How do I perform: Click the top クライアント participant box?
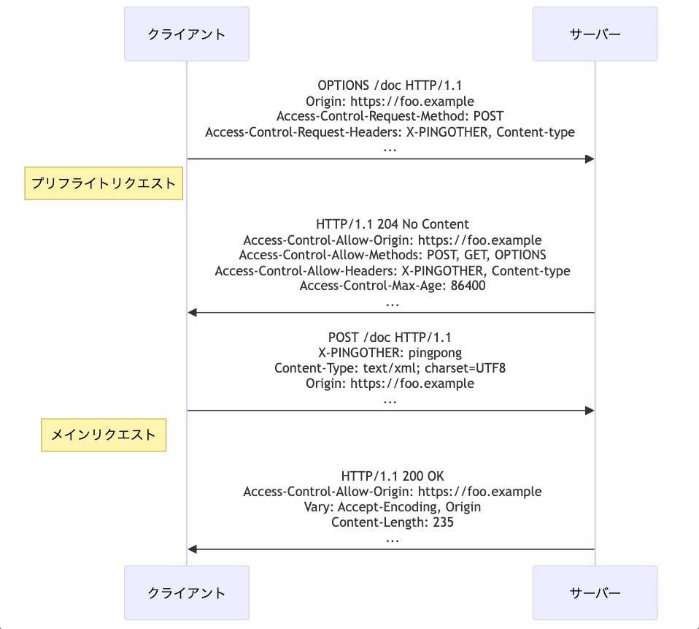(186, 34)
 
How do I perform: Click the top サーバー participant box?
(595, 34)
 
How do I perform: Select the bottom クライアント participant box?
(186, 593)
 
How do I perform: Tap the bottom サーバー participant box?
(595, 593)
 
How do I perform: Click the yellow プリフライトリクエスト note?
(104, 183)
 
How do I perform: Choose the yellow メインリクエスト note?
(104, 435)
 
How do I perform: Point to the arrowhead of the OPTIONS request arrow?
(590, 159)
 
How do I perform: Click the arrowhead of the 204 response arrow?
(192, 313)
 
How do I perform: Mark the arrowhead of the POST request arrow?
(590, 411)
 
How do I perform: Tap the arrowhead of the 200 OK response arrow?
(192, 549)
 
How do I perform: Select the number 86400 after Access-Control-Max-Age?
(468, 286)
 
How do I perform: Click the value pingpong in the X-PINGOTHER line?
(435, 353)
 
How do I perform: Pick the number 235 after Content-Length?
(443, 522)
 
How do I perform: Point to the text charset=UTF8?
(465, 368)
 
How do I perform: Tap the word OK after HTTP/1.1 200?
(436, 476)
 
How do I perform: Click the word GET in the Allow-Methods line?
(476, 255)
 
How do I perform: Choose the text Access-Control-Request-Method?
(371, 116)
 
